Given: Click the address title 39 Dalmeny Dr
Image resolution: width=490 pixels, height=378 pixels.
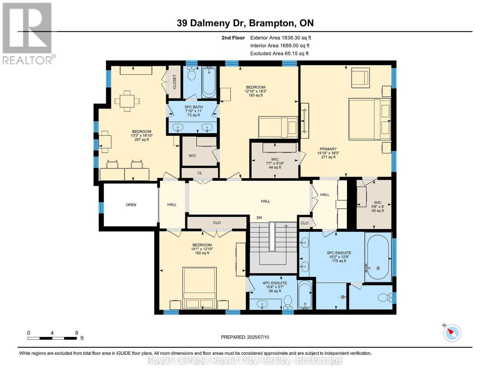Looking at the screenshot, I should (245, 23).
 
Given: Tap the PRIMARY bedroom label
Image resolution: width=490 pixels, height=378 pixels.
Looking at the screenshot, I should (328, 149).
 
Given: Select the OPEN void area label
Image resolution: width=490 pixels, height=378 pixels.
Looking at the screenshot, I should (131, 205).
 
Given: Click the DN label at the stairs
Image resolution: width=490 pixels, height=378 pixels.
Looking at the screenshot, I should (259, 218).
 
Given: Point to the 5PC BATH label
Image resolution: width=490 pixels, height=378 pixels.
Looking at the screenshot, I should (193, 107).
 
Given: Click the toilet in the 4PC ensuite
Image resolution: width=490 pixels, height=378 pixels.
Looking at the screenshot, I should (287, 301).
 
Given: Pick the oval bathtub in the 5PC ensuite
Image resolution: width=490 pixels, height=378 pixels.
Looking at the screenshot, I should (378, 256).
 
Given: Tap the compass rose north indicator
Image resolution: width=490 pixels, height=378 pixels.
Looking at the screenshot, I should (452, 333).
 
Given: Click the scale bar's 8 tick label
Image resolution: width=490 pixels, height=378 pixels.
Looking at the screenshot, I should (77, 333).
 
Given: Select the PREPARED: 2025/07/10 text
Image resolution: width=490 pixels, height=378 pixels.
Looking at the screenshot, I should (245, 337).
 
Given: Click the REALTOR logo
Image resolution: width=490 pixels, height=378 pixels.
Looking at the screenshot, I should (28, 33).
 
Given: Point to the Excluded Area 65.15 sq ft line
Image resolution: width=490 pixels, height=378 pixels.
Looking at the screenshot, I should (279, 54).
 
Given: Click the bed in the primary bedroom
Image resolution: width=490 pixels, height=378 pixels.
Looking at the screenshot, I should (369, 119).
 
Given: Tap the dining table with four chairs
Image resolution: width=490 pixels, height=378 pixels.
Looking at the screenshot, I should (127, 101).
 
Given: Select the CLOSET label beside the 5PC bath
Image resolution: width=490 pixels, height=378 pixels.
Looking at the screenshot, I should (174, 82).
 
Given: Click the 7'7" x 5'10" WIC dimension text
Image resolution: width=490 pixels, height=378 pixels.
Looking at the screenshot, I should (275, 163).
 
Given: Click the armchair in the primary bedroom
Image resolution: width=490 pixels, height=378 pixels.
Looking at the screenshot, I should (360, 77).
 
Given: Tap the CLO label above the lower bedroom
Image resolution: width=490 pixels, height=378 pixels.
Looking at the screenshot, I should (217, 223).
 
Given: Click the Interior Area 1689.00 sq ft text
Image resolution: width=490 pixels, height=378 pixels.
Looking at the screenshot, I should (280, 46).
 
